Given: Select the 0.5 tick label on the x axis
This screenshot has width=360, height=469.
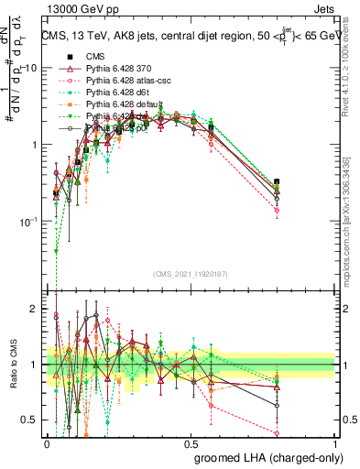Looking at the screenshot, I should click(191, 442).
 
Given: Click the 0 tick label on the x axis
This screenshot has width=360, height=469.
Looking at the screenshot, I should click(48, 442).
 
